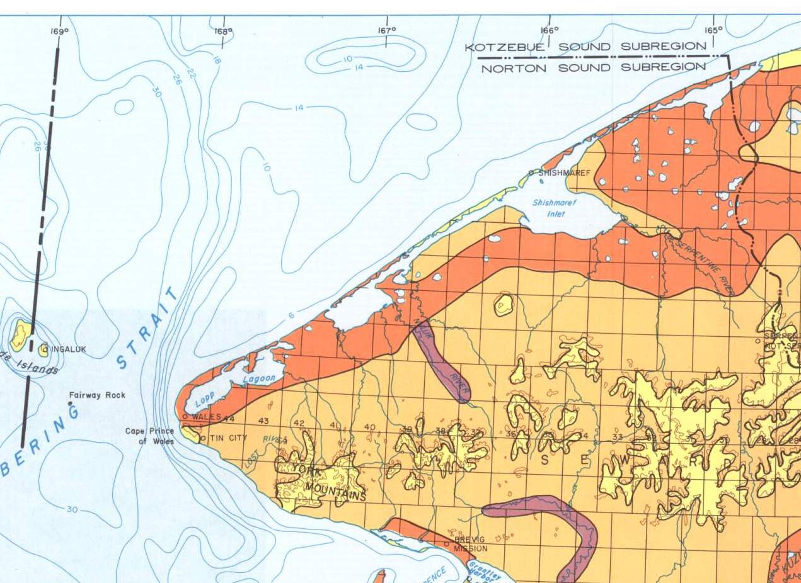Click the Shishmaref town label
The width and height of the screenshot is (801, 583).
pyautogui.click(x=563, y=173)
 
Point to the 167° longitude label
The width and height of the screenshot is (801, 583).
pyautogui.click(x=386, y=30)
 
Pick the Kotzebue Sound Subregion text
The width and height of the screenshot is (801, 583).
pyautogui.click(x=585, y=47)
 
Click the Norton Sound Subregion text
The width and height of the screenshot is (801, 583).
pyautogui.click(x=593, y=67)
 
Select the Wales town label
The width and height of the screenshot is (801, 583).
pyautogui.click(x=206, y=417)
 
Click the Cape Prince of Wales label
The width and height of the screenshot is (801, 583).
pyautogui.click(x=150, y=436)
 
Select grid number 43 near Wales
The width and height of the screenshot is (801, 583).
pyautogui.click(x=263, y=421)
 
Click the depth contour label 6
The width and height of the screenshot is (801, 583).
pyautogui.click(x=291, y=316)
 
